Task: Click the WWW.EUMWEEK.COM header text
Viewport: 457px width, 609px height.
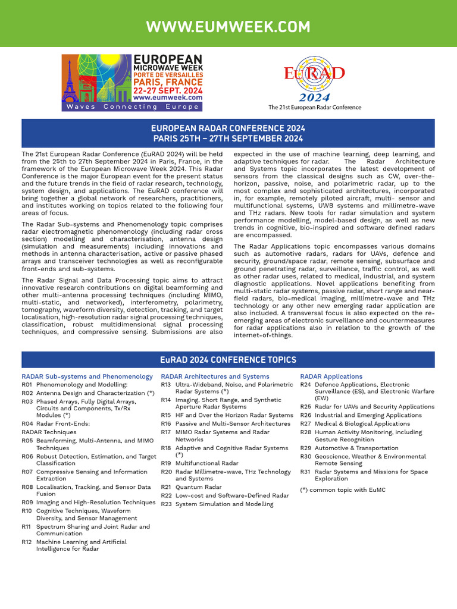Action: (x=228, y=27)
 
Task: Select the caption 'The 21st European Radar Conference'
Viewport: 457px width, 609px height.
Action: (x=315, y=108)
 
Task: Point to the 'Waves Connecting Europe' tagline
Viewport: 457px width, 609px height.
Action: (x=132, y=107)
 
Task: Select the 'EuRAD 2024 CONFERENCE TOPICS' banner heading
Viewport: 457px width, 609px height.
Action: (x=228, y=360)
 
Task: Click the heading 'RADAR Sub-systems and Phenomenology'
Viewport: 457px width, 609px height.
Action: (x=87, y=376)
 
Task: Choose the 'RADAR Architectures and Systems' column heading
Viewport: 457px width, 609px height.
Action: (x=215, y=376)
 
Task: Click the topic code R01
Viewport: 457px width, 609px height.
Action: (x=27, y=385)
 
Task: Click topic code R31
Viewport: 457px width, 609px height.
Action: (x=306, y=472)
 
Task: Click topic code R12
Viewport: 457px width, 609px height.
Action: (x=27, y=542)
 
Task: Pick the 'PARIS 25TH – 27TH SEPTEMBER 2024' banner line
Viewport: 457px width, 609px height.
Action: (x=228, y=139)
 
